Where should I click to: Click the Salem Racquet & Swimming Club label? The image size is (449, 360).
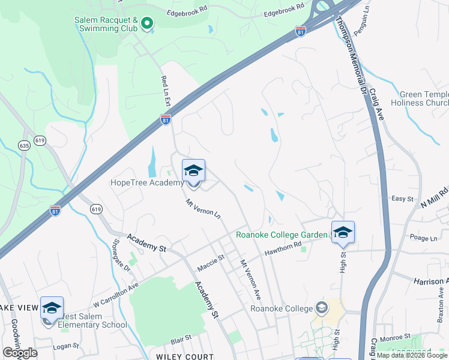pos(107,23)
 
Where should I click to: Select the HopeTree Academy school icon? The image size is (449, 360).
pos(193,171)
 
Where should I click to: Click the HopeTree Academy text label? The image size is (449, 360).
pos(147,183)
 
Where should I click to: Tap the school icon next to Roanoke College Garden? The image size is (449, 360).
pos(343,233)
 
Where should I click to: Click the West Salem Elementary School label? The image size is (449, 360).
pos(92,325)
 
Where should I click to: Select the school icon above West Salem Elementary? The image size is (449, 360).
pos(52,308)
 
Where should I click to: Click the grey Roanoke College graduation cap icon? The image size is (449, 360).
pos(322,308)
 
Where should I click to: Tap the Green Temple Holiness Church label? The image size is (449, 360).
pos(424,98)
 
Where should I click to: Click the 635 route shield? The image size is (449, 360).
pos(24,145)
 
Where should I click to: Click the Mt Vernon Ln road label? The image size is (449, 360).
pos(203,208)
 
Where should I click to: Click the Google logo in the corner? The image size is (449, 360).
pos(20,353)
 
